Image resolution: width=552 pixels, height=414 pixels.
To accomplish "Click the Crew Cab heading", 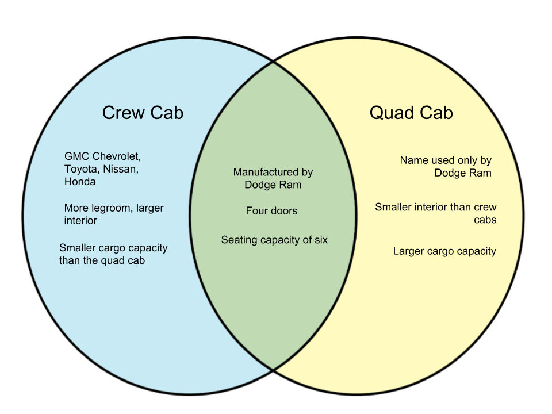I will [143, 113].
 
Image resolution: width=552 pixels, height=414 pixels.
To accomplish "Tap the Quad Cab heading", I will [411, 113].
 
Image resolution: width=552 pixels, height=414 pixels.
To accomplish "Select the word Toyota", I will [81, 169].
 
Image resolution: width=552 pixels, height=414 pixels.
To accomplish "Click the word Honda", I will [80, 182].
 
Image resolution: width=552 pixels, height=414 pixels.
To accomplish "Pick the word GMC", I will [76, 156].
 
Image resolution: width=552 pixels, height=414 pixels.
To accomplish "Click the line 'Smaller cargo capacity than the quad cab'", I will [113, 254].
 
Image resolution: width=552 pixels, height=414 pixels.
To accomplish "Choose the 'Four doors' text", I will [272, 211].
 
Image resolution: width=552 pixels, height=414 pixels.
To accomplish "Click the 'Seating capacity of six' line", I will [274, 240].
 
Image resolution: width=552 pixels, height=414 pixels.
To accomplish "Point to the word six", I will [320, 240].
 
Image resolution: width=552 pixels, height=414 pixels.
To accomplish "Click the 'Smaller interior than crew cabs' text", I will [435, 213].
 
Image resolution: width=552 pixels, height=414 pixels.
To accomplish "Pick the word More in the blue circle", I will [76, 208].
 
